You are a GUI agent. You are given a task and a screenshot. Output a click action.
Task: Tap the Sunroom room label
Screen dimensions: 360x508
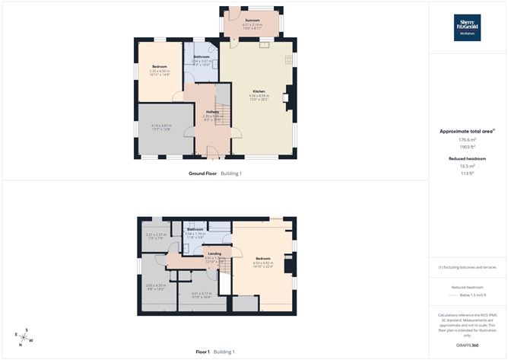252,20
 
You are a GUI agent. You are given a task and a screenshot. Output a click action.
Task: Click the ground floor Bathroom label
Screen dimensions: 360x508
202,57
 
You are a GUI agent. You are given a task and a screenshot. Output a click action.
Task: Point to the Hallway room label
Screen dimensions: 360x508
212,112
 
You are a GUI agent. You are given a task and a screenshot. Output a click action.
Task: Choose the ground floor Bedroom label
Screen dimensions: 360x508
160,68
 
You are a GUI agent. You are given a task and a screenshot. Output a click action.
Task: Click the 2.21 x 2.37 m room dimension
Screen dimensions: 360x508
155,234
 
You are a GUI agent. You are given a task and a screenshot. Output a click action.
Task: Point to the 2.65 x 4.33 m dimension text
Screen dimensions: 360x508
155,285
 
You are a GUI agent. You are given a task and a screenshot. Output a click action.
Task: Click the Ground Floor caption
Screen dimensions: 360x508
203,174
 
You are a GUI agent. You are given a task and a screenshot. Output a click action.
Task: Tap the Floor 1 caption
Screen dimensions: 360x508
202,352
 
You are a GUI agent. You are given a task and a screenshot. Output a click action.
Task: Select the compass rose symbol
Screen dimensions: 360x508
24,336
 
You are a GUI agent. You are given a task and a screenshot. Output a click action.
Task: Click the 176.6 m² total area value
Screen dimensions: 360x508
466,140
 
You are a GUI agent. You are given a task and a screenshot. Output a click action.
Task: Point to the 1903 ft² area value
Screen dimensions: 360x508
466,147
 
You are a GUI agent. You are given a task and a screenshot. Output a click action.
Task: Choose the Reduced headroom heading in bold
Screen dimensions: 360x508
466,158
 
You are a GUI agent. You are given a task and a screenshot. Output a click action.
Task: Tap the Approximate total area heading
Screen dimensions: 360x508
466,131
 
